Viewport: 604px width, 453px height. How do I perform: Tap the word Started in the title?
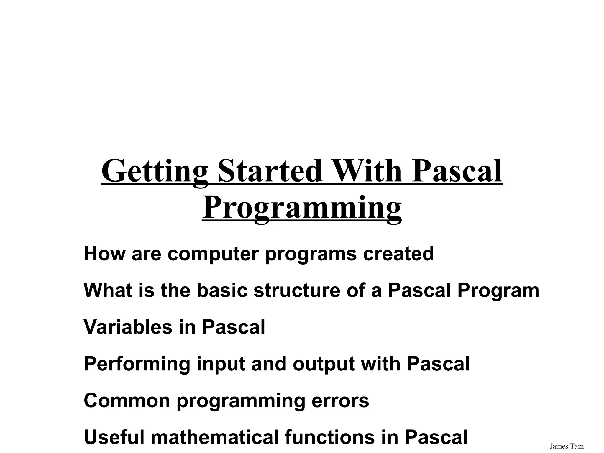(x=270, y=171)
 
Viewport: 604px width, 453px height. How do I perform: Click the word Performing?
(x=137, y=364)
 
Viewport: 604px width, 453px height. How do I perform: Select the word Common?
(x=127, y=401)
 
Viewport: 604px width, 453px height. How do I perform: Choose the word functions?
(x=330, y=437)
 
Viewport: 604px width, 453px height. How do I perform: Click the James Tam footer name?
(x=567, y=446)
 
